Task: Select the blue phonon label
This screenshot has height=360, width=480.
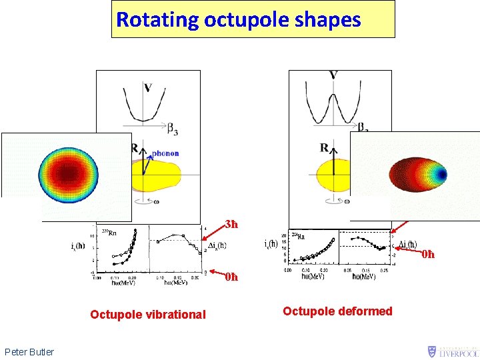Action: point(165,153)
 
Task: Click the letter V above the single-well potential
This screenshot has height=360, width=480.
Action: point(147,87)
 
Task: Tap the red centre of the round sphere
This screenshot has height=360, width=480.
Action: point(67,174)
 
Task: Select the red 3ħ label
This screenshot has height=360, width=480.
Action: point(231,224)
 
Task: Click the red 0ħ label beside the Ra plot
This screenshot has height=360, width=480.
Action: point(427,254)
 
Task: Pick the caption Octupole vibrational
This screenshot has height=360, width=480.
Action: point(148,314)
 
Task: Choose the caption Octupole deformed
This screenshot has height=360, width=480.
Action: point(337,311)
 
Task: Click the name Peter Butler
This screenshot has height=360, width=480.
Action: point(29,351)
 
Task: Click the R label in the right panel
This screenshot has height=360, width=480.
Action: point(324,147)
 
